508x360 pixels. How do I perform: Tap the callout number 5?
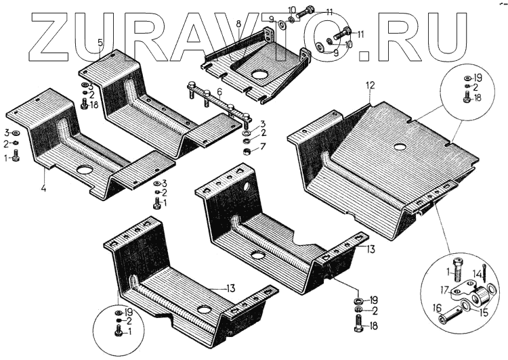click(100, 43)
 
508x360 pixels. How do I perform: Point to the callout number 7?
click(263, 145)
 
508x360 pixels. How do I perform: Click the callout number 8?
click(238, 24)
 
